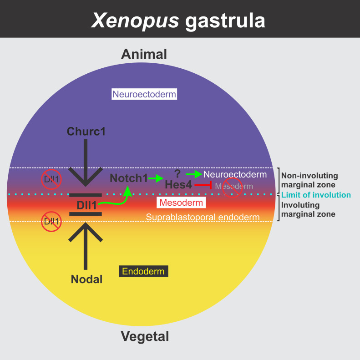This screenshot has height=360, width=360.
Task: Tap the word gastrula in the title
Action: (225, 21)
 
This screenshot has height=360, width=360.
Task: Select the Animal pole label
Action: (144, 55)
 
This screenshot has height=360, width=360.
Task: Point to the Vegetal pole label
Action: (145, 337)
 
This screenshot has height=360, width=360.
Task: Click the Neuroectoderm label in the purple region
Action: (144, 95)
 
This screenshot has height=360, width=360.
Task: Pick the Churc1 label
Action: (86, 132)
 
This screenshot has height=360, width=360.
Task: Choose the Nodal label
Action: (86, 279)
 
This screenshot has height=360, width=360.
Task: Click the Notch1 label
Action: (128, 178)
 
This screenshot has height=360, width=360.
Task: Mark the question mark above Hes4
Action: (178, 172)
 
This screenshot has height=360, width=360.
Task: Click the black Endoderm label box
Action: (144, 272)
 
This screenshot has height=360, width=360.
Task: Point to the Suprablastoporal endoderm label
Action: (203, 217)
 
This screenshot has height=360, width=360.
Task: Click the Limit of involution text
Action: (316, 195)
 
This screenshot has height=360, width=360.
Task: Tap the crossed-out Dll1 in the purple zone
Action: (51, 178)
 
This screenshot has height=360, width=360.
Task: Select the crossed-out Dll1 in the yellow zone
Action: (51, 222)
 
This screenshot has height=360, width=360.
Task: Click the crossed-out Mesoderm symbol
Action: (233, 187)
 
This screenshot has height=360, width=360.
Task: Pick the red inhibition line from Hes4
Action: (203, 185)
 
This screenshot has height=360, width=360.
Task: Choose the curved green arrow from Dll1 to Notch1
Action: (116, 199)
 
